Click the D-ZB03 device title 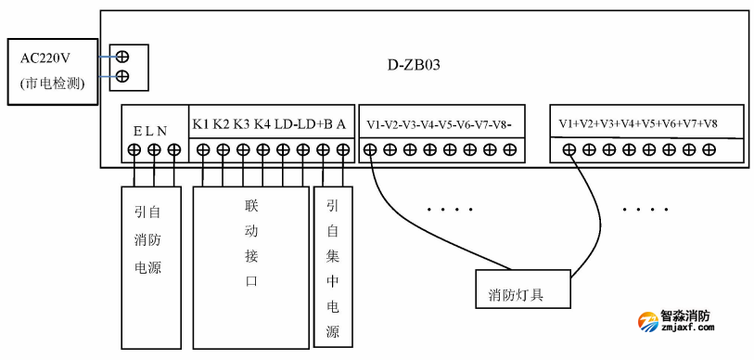pos(415,65)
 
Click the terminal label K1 pos(201,124)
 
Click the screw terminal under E pos(134,149)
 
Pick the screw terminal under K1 pos(202,149)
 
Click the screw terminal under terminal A pos(342,149)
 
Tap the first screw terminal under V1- pos(370,148)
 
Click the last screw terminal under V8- pos(510,148)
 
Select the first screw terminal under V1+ pos(568,149)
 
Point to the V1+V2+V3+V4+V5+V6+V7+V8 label pos(638,123)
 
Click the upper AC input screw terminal pos(121,57)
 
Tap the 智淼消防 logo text pos(685,316)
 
